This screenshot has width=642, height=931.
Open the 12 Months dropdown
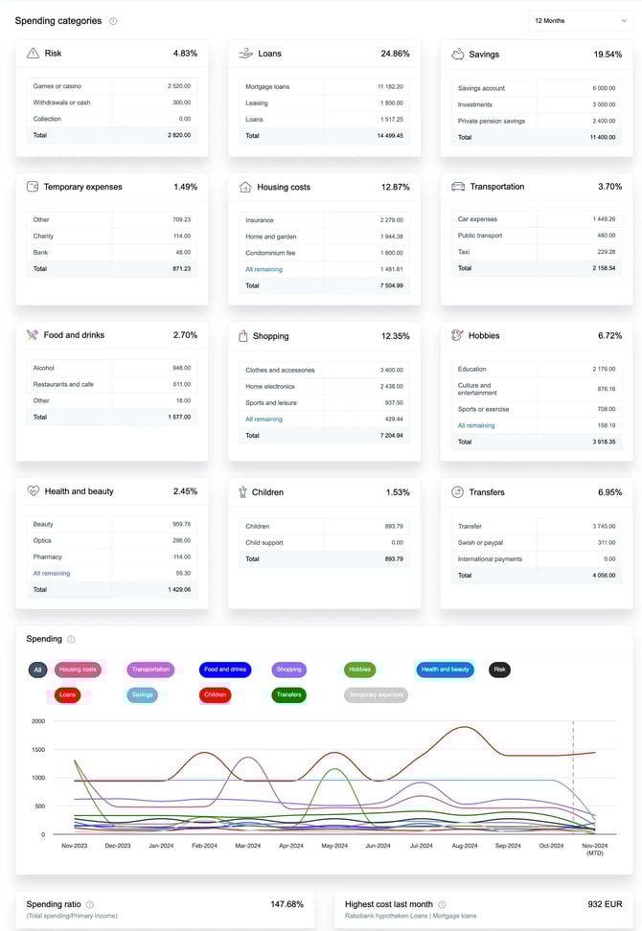(579, 20)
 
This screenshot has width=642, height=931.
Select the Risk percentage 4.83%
(184, 54)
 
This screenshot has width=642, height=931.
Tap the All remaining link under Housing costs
(264, 269)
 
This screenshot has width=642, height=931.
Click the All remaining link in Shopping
(264, 419)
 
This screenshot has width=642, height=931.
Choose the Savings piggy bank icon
(458, 54)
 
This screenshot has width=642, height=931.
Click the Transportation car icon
(458, 187)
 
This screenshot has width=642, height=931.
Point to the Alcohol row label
(44, 368)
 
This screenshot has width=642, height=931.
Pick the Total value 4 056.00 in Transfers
(601, 575)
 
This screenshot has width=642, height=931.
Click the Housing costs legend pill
(78, 670)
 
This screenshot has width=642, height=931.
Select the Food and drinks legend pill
(225, 670)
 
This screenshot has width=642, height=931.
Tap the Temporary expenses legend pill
(376, 694)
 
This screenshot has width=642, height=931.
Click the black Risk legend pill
(499, 670)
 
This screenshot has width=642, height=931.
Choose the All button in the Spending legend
(37, 670)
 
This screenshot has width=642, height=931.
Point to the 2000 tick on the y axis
(38, 721)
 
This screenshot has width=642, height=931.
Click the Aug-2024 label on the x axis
(464, 846)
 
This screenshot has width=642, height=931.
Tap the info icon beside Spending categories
(113, 21)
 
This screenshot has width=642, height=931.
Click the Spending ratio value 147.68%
(287, 903)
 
